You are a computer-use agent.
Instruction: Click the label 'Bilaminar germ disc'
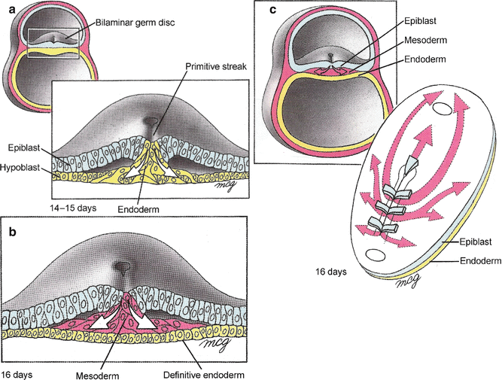pos(135,23)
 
